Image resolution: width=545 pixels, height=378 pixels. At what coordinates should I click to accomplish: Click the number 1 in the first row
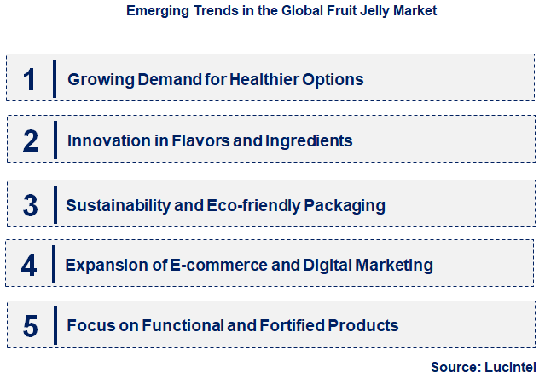30,79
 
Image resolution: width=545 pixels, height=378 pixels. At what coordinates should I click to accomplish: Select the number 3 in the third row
30,204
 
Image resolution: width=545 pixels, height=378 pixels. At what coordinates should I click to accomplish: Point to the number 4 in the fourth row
30,265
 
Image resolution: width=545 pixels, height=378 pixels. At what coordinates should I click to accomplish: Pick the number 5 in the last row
30,325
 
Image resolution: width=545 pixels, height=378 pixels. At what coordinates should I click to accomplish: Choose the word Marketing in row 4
394,266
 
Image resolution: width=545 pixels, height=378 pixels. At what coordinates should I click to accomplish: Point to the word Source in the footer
455,367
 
